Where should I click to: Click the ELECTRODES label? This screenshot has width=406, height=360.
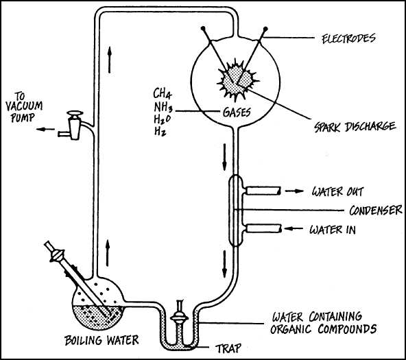click(348, 38)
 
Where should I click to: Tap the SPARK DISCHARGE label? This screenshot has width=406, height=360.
click(355, 127)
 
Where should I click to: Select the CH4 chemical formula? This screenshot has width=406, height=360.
click(163, 93)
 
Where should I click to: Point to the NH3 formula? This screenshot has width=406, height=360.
click(163, 106)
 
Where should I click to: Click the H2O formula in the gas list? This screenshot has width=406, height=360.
click(163, 119)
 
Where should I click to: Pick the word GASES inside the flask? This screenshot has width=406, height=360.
click(237, 112)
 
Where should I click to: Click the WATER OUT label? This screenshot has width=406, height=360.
click(337, 192)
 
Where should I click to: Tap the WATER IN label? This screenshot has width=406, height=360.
click(333, 230)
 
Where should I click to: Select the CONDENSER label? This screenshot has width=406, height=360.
click(376, 211)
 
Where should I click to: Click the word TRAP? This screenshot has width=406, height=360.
click(228, 348)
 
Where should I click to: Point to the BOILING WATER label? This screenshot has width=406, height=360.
click(101, 340)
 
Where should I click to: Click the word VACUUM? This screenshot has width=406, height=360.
click(24, 106)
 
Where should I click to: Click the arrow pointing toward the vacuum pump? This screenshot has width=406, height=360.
click(45, 129)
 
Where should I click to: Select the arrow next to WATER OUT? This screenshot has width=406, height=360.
click(294, 191)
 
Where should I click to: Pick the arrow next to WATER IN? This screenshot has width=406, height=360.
click(294, 228)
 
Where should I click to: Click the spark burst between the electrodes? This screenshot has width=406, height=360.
click(237, 80)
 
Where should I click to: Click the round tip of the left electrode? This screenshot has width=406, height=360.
click(203, 27)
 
